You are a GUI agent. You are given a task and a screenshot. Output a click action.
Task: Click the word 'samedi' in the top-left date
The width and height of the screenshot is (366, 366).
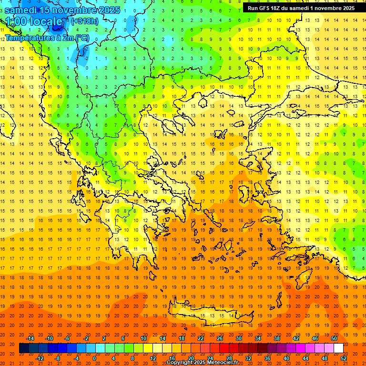tap(21, 10)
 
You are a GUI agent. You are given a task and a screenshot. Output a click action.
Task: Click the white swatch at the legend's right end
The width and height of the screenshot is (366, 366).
tap(338, 348)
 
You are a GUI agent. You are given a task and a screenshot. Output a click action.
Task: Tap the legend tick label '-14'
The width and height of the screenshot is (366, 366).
tap(30, 338)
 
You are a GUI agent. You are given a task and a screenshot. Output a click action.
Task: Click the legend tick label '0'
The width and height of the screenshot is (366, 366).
tap(94, 358)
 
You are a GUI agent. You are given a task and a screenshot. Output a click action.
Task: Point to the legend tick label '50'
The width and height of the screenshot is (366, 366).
tap(334, 338)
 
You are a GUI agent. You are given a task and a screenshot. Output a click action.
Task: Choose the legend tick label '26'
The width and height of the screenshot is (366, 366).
tap(220, 338)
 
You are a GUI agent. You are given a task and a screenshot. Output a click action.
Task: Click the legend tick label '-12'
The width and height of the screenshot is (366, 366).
tap(40, 358)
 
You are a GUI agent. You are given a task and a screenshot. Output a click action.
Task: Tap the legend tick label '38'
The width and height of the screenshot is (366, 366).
tap(277, 338)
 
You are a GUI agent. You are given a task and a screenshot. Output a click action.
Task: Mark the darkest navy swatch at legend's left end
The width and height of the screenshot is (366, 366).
tap(24, 348)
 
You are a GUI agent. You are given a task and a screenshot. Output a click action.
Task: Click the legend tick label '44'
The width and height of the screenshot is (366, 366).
tap(305, 358)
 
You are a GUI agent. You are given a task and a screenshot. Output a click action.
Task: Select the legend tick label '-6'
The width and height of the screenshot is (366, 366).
tap(68, 338)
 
